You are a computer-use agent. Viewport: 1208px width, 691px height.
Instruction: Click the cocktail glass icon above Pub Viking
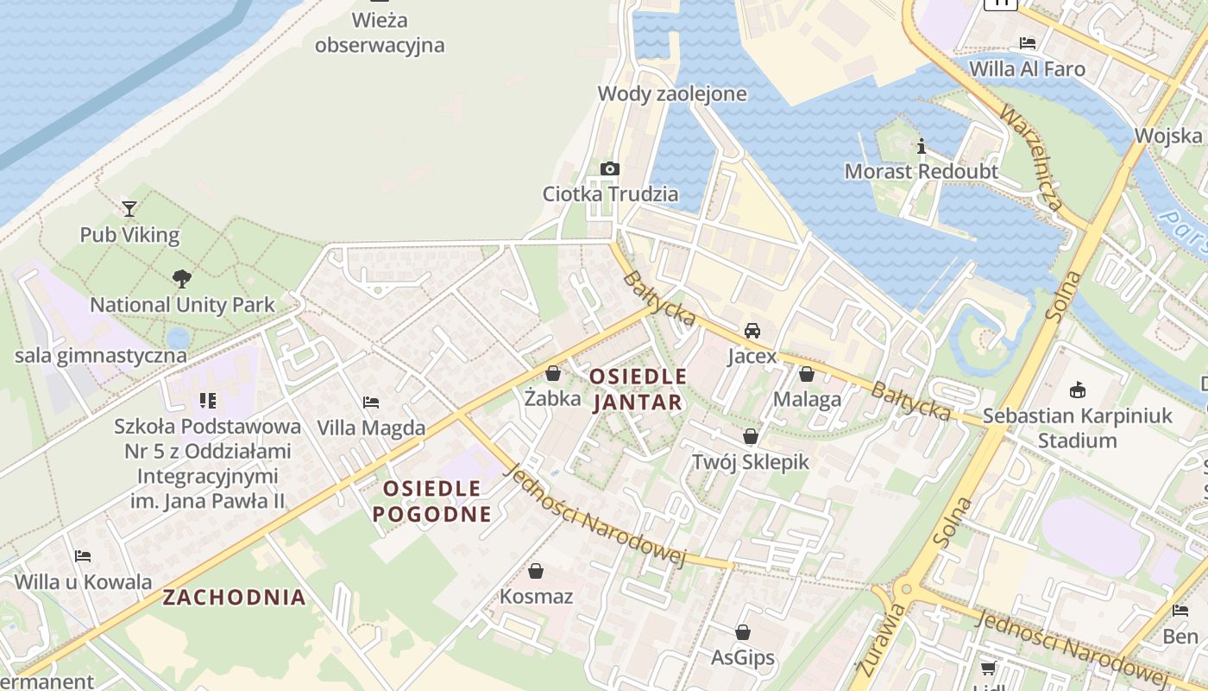(129, 208)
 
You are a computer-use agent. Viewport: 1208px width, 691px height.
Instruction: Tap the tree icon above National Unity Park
(182, 278)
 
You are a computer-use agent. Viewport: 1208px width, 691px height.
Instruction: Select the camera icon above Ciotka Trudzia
(610, 168)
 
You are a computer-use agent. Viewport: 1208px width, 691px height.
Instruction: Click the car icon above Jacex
(752, 330)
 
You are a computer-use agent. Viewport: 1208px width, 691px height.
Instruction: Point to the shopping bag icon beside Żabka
(553, 373)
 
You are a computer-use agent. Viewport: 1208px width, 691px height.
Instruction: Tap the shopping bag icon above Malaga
(807, 374)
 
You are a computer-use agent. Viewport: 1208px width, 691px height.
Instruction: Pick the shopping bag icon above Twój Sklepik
(751, 435)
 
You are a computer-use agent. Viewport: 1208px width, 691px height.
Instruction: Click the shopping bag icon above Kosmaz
(536, 571)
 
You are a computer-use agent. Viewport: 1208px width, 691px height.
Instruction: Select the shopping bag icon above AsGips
(743, 632)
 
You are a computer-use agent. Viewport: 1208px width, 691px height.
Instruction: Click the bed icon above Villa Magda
(371, 402)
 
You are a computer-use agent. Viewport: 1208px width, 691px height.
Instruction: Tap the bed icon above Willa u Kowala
(83, 555)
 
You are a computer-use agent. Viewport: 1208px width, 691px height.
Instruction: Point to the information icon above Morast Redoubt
(922, 146)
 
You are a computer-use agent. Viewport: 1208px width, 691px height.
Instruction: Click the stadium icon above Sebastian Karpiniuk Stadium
(1077, 390)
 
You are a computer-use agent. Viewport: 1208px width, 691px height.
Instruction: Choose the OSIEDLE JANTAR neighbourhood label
(639, 389)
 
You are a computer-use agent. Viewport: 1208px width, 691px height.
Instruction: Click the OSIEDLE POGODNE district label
(431, 501)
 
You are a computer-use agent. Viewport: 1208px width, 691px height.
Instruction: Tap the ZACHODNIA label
(235, 597)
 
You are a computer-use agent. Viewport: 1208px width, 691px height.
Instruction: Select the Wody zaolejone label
(672, 93)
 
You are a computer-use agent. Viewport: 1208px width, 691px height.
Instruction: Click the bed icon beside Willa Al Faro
(1028, 42)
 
